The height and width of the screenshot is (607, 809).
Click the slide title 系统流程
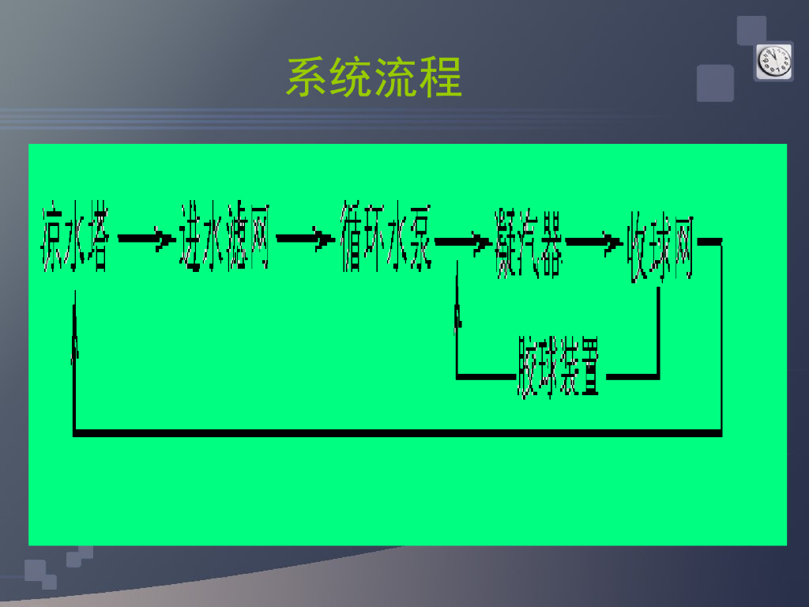pyautogui.click(x=374, y=77)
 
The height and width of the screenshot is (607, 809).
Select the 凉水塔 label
pyautogui.click(x=75, y=239)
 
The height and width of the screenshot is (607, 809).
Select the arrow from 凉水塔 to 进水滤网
pyautogui.click(x=146, y=238)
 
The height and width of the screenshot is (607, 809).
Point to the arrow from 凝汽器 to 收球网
pyautogui.click(x=593, y=242)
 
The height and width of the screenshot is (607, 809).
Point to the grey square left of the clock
pyautogui.click(x=715, y=83)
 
